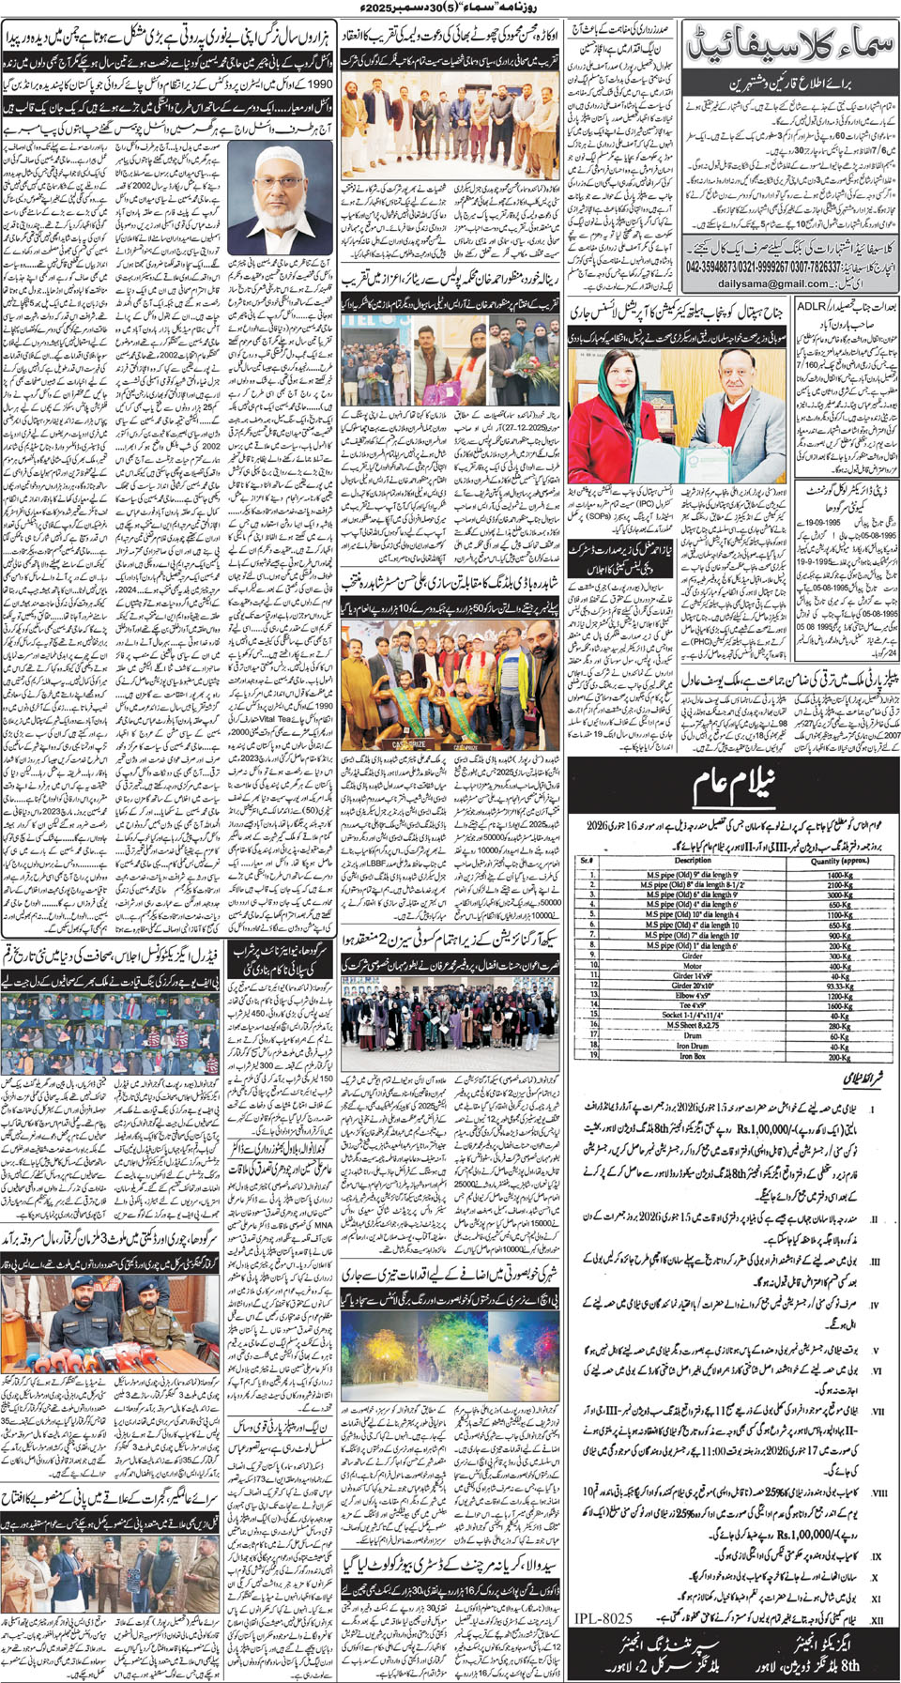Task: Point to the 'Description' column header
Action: click(x=693, y=860)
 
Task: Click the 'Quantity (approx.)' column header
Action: click(x=839, y=860)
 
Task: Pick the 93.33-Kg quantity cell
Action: click(x=839, y=986)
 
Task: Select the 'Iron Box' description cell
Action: click(x=693, y=1057)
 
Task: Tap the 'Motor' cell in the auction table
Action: click(x=693, y=966)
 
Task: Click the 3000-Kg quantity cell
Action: click(x=839, y=895)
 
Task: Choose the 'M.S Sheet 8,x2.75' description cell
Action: click(x=693, y=1026)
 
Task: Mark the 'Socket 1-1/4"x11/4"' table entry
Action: click(x=693, y=1016)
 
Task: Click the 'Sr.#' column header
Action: click(x=587, y=860)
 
